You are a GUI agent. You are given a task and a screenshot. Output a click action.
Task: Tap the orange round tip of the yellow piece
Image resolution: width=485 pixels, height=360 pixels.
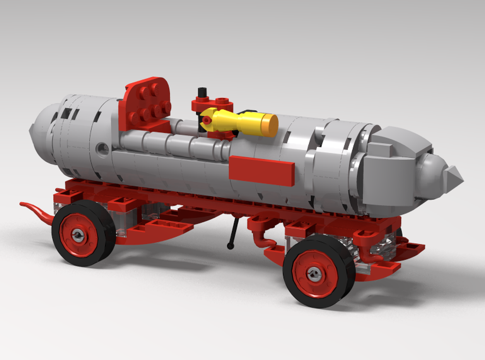268,124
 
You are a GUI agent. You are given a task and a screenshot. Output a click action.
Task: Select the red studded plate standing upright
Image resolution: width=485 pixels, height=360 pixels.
145,103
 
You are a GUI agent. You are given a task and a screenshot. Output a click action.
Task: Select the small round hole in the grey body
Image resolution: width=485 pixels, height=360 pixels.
101,148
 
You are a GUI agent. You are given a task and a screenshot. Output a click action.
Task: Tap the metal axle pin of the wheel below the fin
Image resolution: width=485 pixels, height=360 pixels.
314,274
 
